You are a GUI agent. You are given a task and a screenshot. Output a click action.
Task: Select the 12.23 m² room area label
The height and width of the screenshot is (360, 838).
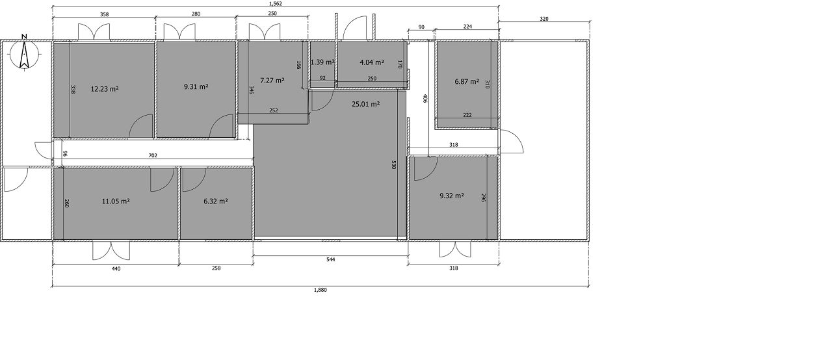[x=105, y=89]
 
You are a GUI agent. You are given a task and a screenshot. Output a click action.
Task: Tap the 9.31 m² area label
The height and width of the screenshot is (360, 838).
[x=196, y=86]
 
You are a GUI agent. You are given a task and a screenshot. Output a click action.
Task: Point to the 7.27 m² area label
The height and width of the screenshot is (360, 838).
[x=272, y=81]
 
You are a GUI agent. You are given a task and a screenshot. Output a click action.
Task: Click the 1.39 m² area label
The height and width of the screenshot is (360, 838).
[x=322, y=62]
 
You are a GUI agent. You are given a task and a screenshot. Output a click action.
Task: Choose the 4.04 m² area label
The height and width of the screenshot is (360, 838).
[x=372, y=62]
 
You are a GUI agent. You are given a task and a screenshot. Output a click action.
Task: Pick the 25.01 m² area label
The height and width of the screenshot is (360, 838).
[x=366, y=105]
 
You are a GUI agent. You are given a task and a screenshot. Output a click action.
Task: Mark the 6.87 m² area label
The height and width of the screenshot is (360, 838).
[x=467, y=81]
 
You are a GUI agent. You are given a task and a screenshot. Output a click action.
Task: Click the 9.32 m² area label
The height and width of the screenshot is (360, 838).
[x=452, y=196]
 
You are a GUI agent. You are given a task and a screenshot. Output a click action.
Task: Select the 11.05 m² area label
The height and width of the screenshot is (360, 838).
[x=116, y=201]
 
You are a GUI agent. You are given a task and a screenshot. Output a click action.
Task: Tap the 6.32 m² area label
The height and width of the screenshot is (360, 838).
[x=216, y=201]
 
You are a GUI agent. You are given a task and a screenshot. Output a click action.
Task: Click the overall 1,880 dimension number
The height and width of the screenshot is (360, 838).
[x=321, y=290]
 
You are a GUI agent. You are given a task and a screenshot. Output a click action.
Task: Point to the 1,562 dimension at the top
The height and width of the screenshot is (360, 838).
[x=276, y=4]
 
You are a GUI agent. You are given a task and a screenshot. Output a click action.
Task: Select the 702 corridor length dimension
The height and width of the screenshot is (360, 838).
[x=153, y=155]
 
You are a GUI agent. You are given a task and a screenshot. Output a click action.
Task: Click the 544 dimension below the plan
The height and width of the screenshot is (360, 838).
[x=331, y=259]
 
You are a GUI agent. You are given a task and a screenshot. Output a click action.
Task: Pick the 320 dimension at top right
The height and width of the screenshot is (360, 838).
[x=544, y=19]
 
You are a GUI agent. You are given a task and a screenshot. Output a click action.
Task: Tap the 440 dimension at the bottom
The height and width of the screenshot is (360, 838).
[x=116, y=268]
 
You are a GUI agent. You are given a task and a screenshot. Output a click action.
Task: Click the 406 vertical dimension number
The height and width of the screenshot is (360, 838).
[x=425, y=98]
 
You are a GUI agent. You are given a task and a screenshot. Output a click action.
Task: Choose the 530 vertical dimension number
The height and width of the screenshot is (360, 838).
[x=393, y=165]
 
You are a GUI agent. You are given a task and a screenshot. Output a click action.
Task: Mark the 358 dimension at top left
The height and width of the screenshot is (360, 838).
[x=105, y=14]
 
